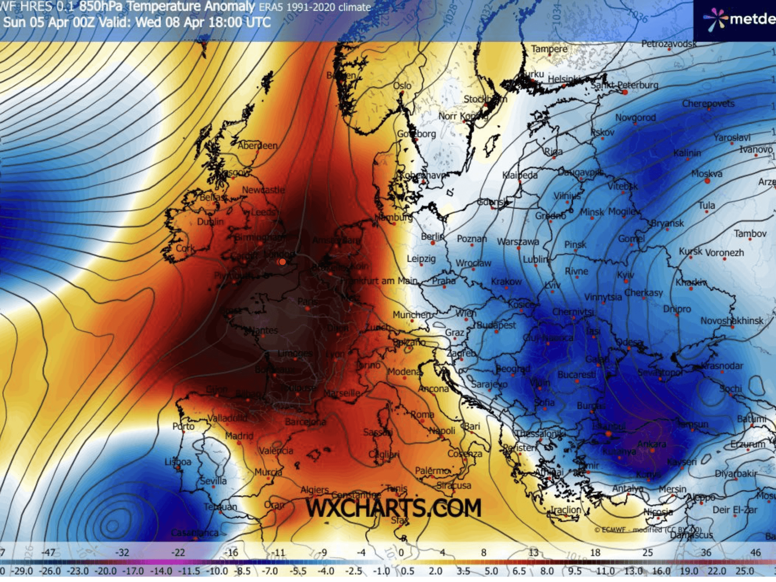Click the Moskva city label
tap(707, 174)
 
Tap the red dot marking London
tap(282, 262)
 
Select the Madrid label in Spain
tap(239, 436)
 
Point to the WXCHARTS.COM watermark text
tap(393, 508)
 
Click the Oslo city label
tap(402, 85)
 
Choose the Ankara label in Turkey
tap(651, 443)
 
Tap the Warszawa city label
tap(518, 241)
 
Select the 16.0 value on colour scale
tap(661, 571)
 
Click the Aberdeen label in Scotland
tap(257, 146)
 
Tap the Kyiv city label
tap(625, 274)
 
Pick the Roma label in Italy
tap(422, 414)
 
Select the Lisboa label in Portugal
tap(178, 462)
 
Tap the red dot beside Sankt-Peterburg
tap(625, 92)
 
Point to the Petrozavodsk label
tap(669, 43)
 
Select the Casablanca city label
tap(195, 533)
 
